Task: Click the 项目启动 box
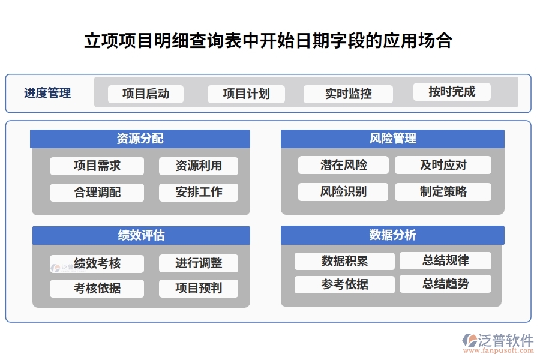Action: [145, 94]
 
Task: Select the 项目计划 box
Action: [246, 94]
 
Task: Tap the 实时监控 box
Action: [348, 94]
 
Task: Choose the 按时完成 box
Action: [451, 92]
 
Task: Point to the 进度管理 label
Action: [47, 93]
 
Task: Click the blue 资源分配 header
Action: [140, 139]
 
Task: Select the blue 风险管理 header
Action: [392, 139]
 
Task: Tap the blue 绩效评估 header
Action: [141, 235]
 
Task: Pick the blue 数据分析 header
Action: [392, 235]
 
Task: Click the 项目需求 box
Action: [97, 166]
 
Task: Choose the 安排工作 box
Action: [198, 192]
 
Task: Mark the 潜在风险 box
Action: [343, 165]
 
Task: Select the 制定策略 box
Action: [443, 192]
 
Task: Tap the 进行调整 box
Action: [198, 263]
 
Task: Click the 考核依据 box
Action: [97, 288]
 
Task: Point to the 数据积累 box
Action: [344, 260]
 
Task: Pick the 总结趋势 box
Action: [445, 284]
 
